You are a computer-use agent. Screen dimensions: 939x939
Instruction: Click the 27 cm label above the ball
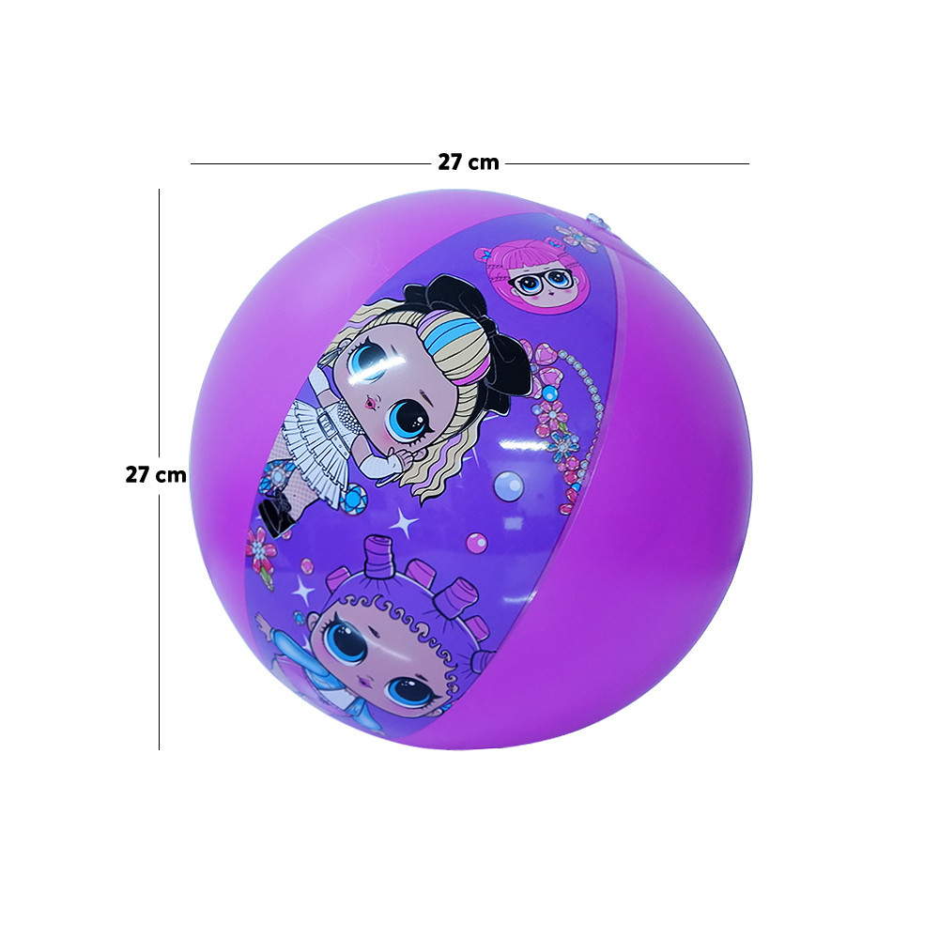469,162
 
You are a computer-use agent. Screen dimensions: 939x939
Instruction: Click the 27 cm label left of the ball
156,474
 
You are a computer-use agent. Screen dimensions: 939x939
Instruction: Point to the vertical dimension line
160,469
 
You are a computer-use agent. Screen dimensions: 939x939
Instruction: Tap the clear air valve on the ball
592,219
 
